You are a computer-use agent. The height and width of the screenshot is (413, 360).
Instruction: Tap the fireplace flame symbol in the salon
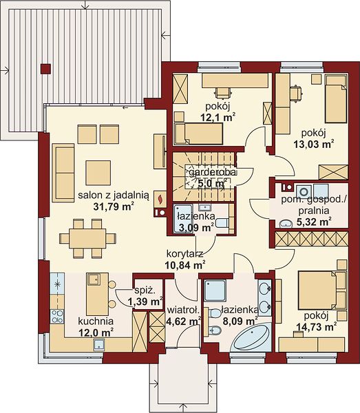click(160, 198)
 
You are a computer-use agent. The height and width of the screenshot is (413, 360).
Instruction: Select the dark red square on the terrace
click(45, 69)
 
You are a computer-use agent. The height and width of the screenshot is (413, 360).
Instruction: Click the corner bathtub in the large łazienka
click(251, 337)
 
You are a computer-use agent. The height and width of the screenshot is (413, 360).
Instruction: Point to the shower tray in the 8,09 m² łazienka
click(215, 290)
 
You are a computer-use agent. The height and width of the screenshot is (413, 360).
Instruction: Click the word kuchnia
click(96, 321)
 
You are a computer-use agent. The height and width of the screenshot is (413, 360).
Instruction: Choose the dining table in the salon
click(87, 238)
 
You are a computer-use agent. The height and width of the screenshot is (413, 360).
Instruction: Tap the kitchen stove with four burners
click(57, 317)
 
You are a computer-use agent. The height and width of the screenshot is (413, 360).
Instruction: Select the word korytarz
click(185, 254)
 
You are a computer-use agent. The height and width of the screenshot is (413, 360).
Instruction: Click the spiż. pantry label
click(145, 290)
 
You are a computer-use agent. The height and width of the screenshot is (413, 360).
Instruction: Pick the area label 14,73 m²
click(317, 327)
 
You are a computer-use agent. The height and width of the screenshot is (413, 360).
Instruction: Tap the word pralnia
click(314, 211)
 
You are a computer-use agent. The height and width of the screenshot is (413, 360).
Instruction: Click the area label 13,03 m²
click(314, 144)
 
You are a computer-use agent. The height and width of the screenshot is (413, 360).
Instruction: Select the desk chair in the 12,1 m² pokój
click(223, 92)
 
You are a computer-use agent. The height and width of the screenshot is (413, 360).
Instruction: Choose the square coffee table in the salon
click(98, 173)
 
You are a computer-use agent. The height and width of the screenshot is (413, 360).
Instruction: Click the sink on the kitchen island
click(94, 279)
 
